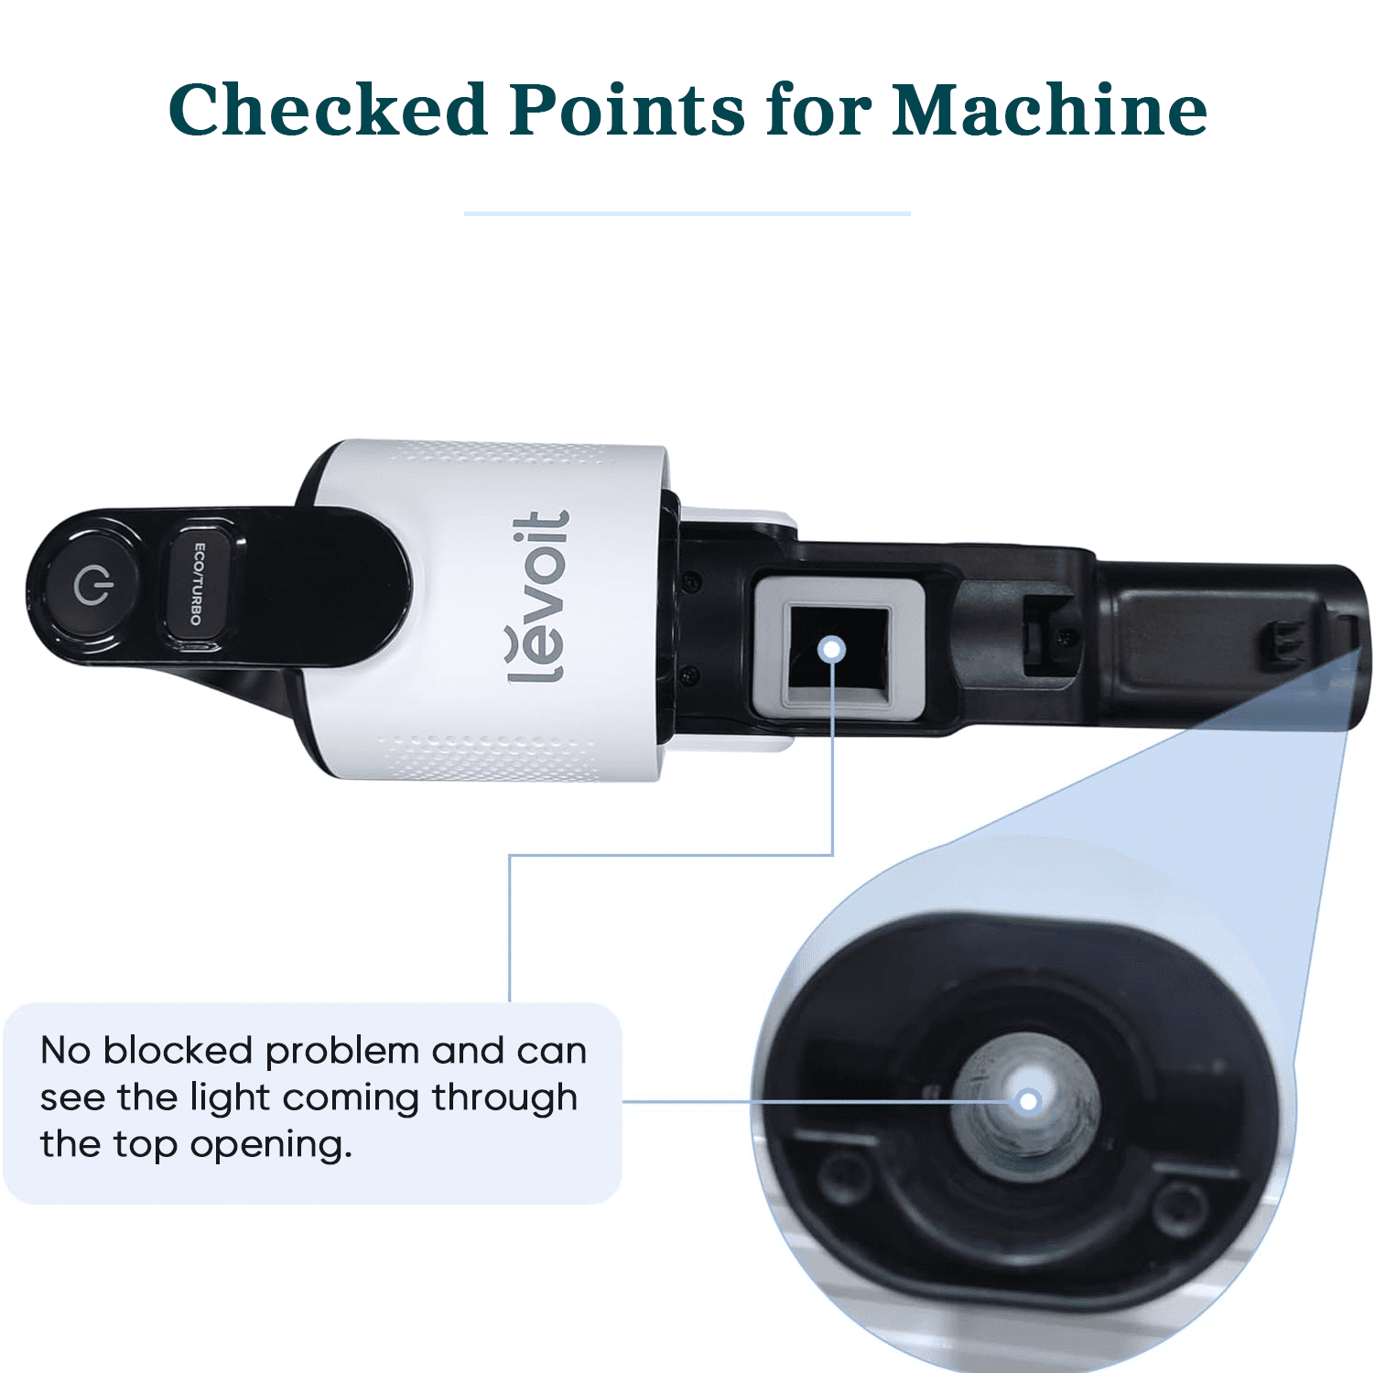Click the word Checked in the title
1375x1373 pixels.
click(x=328, y=110)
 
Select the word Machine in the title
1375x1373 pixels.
click(x=1050, y=110)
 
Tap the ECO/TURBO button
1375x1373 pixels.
click(x=197, y=584)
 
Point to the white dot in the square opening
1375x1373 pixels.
click(x=832, y=649)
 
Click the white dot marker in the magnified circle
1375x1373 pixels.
click(x=1028, y=1100)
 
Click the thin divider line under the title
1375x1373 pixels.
click(x=687, y=213)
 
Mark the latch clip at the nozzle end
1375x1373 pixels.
click(x=1283, y=643)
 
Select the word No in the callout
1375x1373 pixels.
click(x=66, y=1051)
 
